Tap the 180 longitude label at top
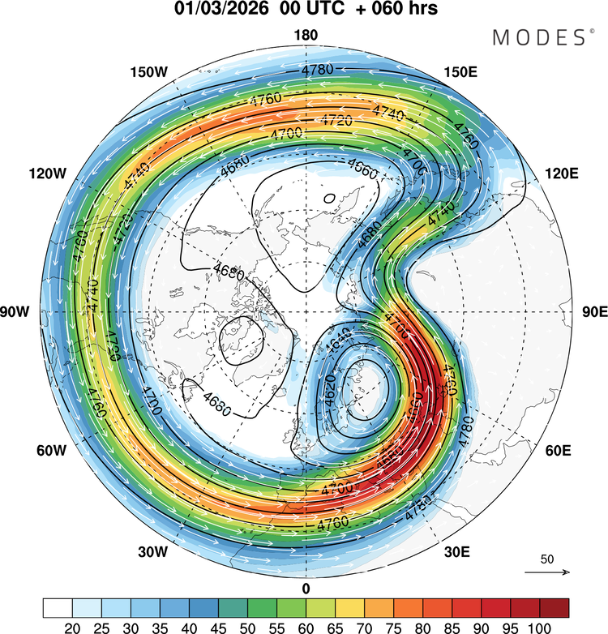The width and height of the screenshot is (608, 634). (306, 35)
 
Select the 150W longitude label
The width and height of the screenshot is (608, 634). (148, 73)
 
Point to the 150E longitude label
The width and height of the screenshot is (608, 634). (460, 73)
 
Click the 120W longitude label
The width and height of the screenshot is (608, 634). (47, 173)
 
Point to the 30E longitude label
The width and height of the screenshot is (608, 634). (457, 552)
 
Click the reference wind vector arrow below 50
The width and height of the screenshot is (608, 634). (547, 572)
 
